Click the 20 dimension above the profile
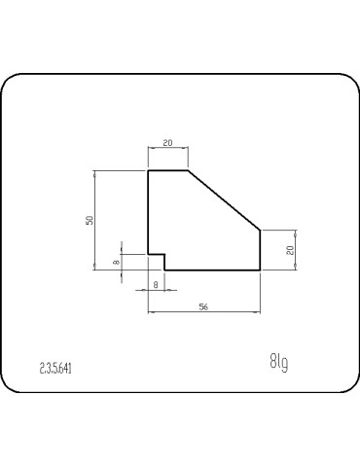coord(167,143)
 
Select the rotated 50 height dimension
coord(88,220)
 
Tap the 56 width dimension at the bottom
coord(203,306)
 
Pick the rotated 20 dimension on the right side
coord(290,250)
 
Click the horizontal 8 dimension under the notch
coord(156,283)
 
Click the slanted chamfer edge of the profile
coord(224,199)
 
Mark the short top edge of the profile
coord(167,170)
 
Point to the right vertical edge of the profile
coord(260,249)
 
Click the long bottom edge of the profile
coord(212,269)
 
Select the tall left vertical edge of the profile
coord(148,212)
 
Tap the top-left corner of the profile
coord(148,170)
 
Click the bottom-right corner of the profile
coord(260,269)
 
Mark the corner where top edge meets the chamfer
coord(187,170)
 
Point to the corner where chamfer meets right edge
coord(260,230)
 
